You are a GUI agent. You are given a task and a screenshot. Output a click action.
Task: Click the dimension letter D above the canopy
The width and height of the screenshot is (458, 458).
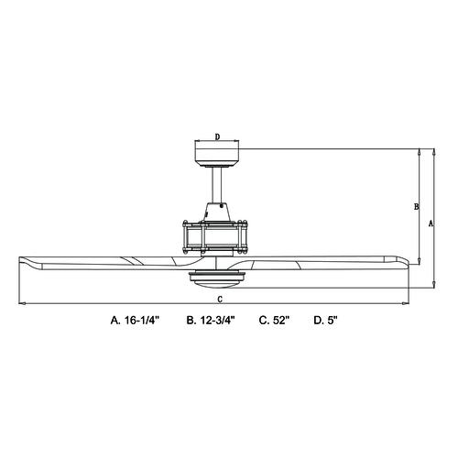(217, 136)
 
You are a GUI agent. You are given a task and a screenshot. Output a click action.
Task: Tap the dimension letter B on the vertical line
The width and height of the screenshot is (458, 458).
(416, 207)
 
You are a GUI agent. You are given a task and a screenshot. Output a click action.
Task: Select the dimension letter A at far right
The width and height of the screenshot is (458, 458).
(431, 224)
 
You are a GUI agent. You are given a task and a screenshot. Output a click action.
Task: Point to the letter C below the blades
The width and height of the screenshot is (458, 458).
(220, 300)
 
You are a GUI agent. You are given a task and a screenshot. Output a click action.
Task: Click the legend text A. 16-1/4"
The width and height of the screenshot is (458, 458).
(136, 320)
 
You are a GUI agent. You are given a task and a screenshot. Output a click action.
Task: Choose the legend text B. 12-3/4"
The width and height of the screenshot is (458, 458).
(211, 320)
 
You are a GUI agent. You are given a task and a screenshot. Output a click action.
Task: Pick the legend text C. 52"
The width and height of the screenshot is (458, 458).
(274, 320)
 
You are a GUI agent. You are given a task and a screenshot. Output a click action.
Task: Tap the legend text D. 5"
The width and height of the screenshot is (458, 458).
(326, 320)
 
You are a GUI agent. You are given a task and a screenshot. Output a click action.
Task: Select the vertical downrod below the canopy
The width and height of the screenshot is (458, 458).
(217, 185)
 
